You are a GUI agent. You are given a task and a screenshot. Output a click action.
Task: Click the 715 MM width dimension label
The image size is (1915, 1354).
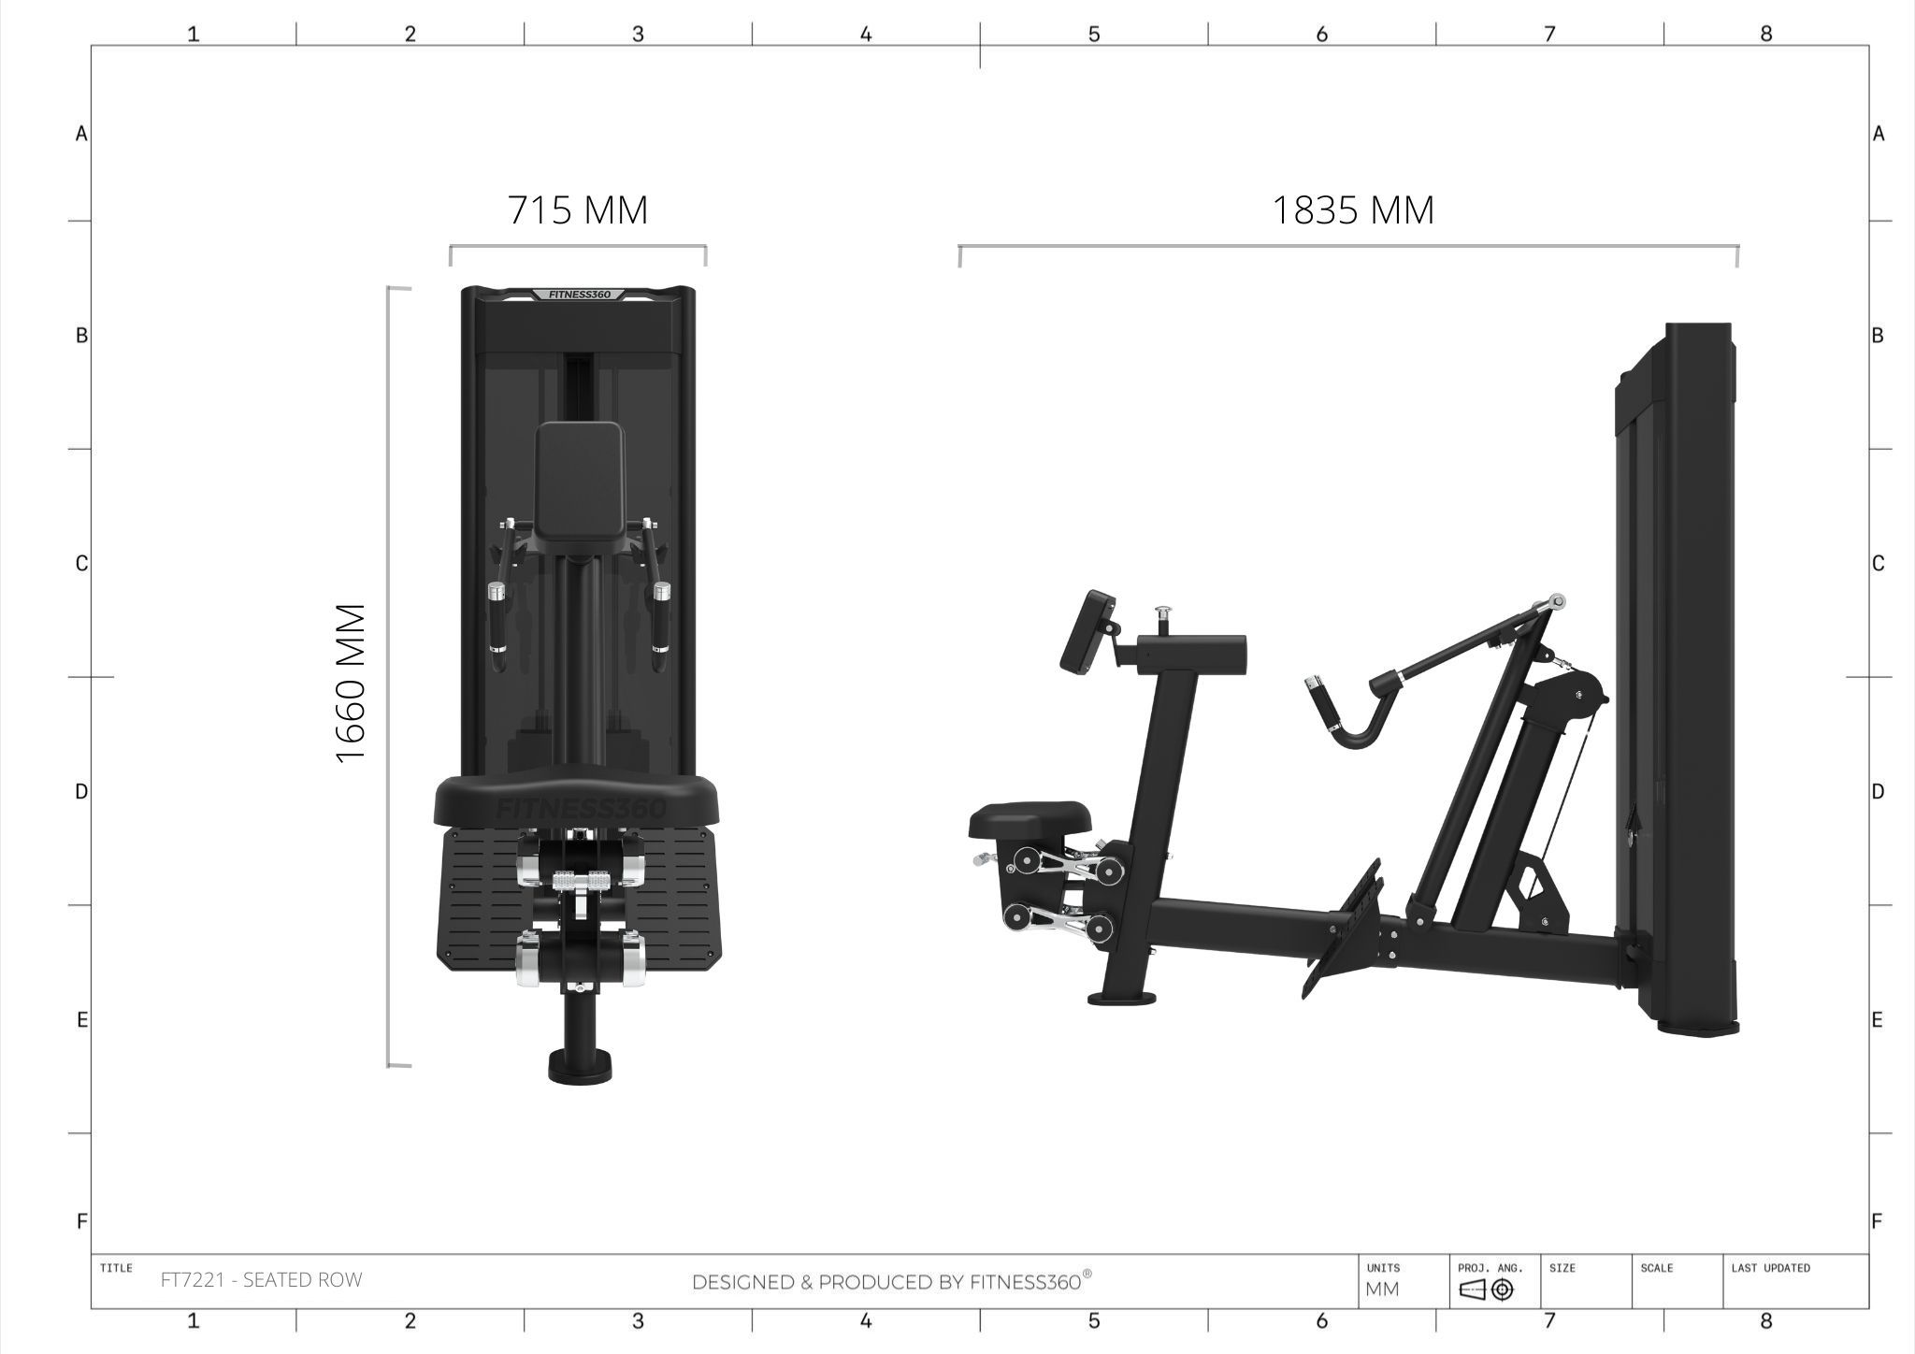578,210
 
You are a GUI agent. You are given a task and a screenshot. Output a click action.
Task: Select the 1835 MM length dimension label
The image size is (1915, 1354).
1353,210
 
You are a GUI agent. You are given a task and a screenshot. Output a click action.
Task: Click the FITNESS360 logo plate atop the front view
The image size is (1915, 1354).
580,295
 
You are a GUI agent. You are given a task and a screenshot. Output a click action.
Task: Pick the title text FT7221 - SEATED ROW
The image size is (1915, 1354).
261,1280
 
